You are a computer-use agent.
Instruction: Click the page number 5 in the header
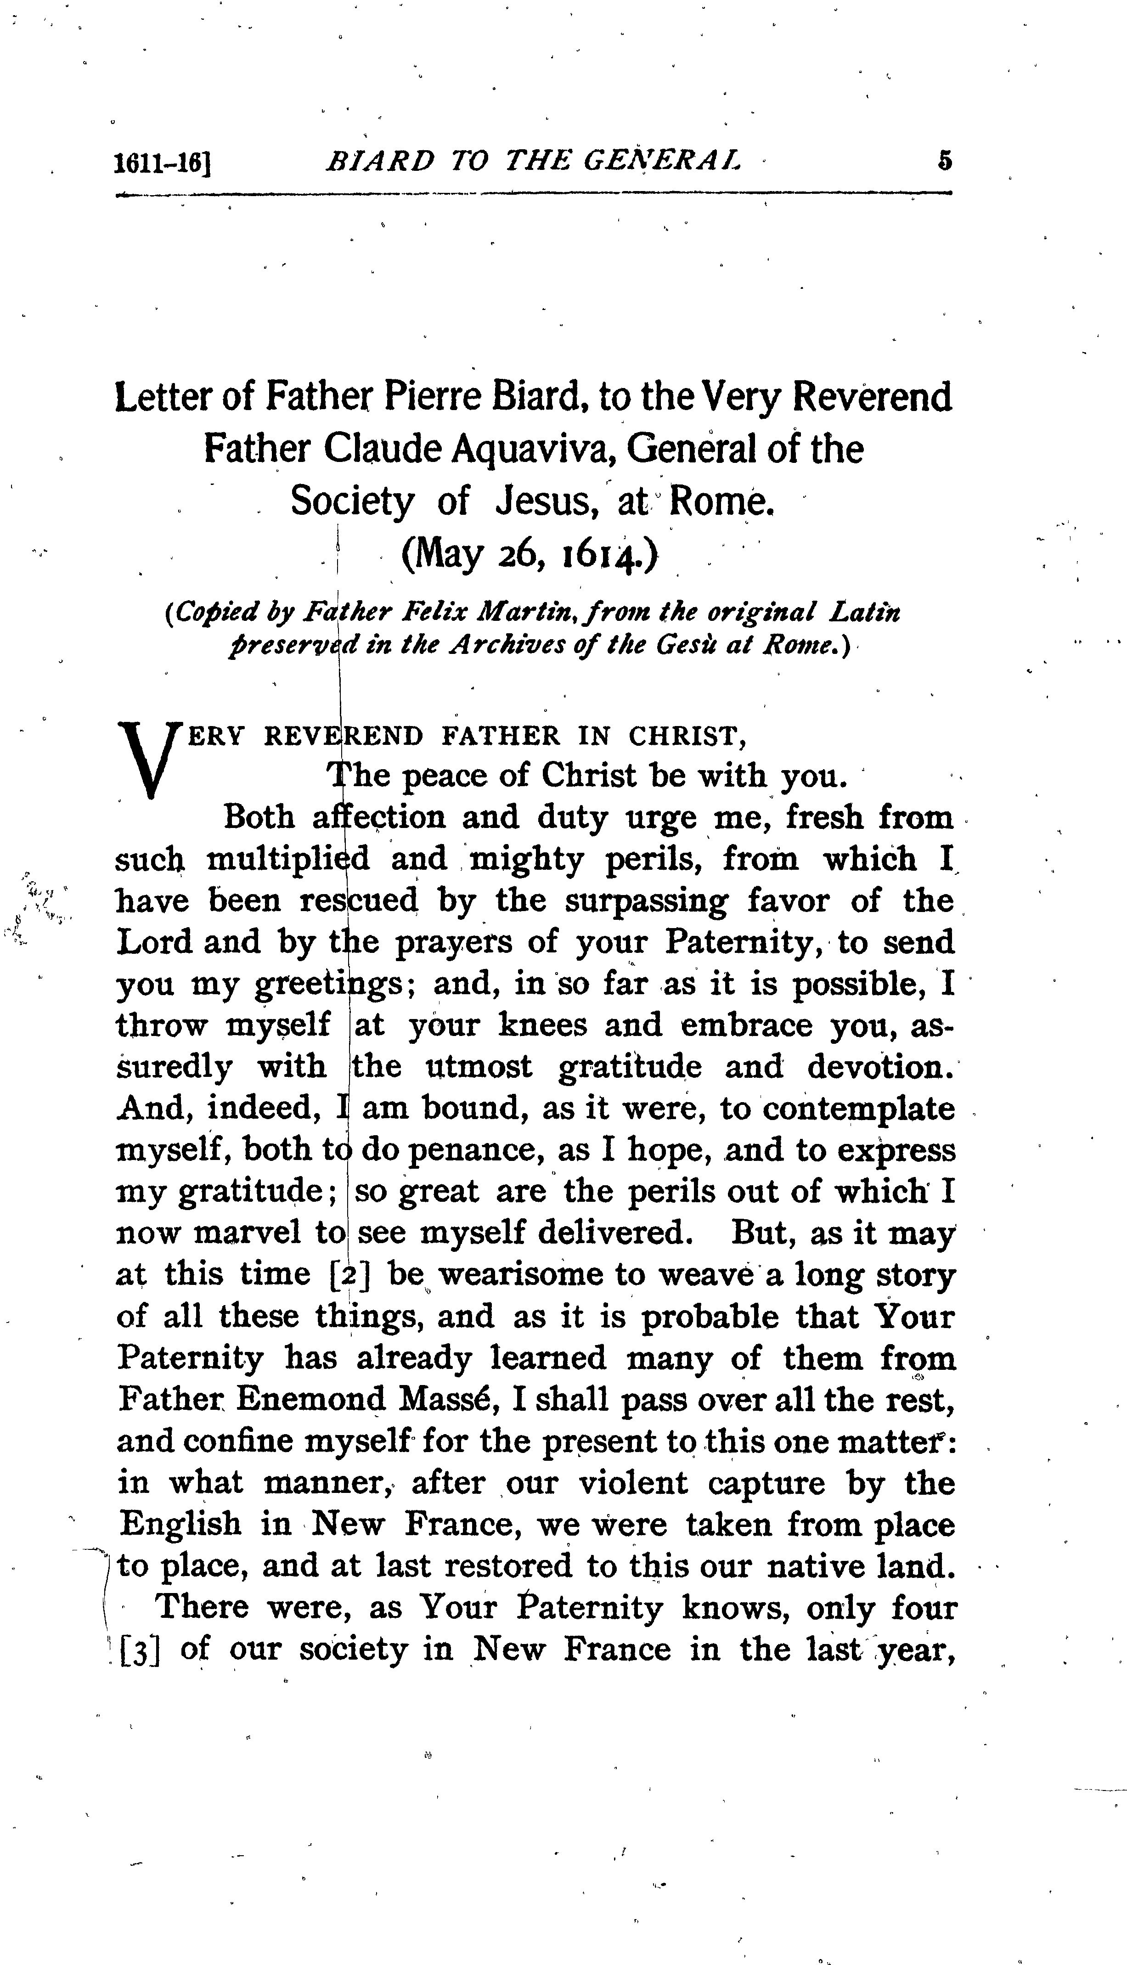click(944, 161)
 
